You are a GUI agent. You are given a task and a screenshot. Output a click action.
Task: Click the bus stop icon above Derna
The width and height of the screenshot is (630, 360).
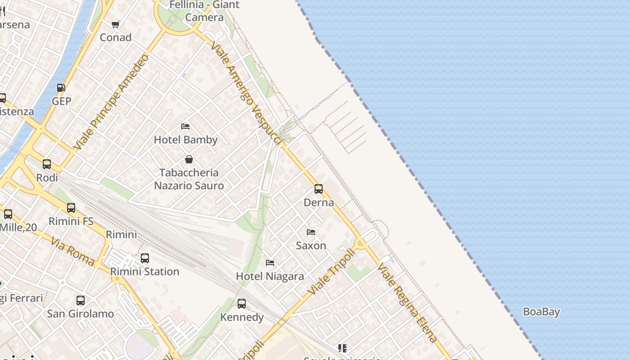click(x=319, y=189)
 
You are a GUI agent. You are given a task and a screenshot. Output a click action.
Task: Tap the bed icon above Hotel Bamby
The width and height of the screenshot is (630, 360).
click(x=185, y=126)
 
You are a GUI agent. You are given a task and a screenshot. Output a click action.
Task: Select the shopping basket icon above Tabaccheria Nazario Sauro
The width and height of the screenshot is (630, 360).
click(x=189, y=159)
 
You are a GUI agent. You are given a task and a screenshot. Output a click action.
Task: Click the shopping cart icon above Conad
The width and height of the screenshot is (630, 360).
click(x=116, y=24)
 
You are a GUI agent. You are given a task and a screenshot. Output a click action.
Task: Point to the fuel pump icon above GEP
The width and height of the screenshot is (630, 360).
click(x=61, y=88)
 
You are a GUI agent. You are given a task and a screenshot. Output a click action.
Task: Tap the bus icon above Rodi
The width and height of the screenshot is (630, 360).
click(x=47, y=164)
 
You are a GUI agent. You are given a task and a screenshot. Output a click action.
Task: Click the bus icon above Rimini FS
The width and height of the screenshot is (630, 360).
click(x=71, y=208)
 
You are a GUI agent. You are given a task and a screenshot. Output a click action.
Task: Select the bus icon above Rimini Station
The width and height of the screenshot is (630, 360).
click(x=145, y=258)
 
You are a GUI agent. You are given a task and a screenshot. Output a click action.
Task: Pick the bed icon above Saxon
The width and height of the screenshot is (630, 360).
click(x=311, y=232)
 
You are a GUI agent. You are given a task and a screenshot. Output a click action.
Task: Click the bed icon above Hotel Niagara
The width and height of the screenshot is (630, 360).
click(x=270, y=263)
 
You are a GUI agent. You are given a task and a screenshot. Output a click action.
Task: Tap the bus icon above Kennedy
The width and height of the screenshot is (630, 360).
click(x=242, y=304)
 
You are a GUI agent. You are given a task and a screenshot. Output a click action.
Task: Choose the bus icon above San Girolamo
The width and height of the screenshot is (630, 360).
click(x=81, y=301)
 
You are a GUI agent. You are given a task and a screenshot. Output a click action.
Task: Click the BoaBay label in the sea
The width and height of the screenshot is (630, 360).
click(x=541, y=312)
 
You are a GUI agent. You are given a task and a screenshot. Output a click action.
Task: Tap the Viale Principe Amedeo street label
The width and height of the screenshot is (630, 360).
click(x=111, y=102)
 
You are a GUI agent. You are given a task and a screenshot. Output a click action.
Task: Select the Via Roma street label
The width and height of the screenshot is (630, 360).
click(x=73, y=251)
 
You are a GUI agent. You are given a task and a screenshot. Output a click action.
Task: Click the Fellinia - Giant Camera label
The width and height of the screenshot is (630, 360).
click(x=204, y=11)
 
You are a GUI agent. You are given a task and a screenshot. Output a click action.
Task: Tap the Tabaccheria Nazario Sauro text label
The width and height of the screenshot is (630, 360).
click(x=189, y=179)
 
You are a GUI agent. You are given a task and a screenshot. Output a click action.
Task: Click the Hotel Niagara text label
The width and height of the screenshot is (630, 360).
click(x=270, y=276)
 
